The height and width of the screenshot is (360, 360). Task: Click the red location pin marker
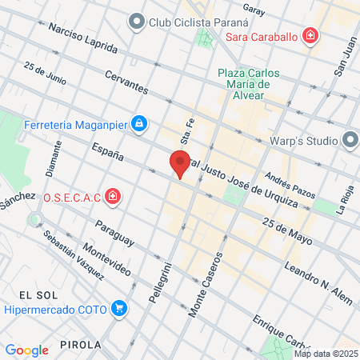click(180, 163)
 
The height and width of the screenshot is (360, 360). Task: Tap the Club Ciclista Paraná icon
click(137, 22)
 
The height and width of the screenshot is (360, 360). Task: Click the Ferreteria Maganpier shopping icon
click(139, 124)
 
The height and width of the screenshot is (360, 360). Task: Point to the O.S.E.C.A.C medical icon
click(114, 196)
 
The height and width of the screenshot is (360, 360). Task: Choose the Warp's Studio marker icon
click(350, 142)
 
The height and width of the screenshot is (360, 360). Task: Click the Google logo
click(26, 350)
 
